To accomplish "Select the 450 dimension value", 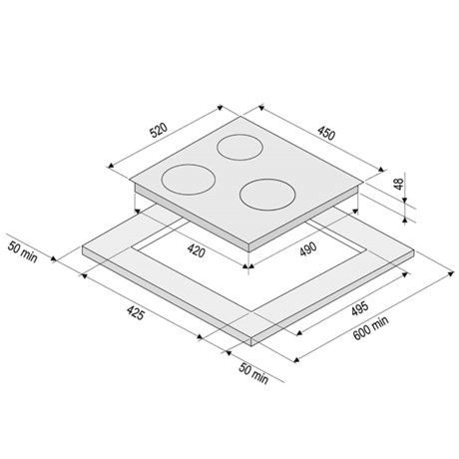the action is click(325, 133).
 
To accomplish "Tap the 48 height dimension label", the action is click(398, 184).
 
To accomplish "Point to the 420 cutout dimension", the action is click(196, 250).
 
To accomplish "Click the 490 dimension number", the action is click(308, 249).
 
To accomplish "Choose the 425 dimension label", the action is click(136, 313).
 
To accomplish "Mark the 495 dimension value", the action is click(360, 309).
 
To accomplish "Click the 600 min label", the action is click(370, 328).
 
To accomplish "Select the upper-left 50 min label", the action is click(23, 252).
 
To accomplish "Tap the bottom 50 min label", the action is click(253, 373).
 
